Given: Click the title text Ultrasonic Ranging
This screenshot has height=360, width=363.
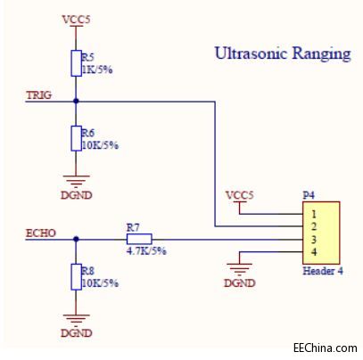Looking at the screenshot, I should [x=282, y=53].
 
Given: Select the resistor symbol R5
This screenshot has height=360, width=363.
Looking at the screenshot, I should [x=76, y=63].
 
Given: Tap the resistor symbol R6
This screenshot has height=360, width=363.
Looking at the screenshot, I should [x=76, y=139].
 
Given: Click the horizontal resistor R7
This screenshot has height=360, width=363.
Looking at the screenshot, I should [x=139, y=239].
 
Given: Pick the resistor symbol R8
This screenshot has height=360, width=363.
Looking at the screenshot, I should [x=76, y=277].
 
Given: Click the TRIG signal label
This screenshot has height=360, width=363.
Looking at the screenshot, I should [x=39, y=94].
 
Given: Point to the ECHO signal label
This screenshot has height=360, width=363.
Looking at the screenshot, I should [x=41, y=233].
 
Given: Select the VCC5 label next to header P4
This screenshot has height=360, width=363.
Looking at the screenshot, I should [x=239, y=194].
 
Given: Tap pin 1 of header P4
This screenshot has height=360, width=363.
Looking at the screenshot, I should [x=314, y=214].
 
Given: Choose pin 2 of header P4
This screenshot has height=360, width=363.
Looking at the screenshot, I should [x=314, y=226].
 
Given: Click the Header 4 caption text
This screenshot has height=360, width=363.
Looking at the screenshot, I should [x=322, y=271].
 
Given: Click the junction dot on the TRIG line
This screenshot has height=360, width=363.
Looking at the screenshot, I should [x=76, y=101].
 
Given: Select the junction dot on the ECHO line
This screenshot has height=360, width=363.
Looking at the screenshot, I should [x=76, y=239].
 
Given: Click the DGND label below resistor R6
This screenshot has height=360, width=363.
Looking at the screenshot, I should [x=76, y=194].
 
